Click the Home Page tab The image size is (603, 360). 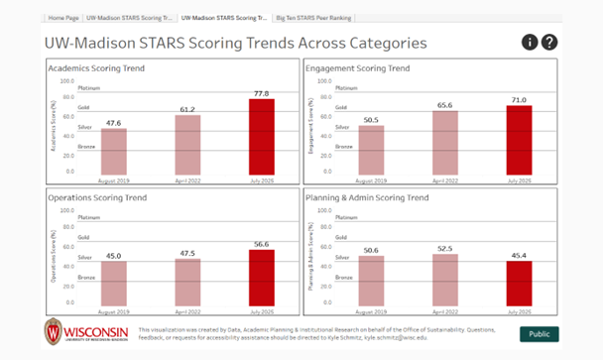63,18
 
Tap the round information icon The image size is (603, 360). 531,42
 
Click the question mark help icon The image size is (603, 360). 549,42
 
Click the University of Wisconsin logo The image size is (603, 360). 85,330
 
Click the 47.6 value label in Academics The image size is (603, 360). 113,123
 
